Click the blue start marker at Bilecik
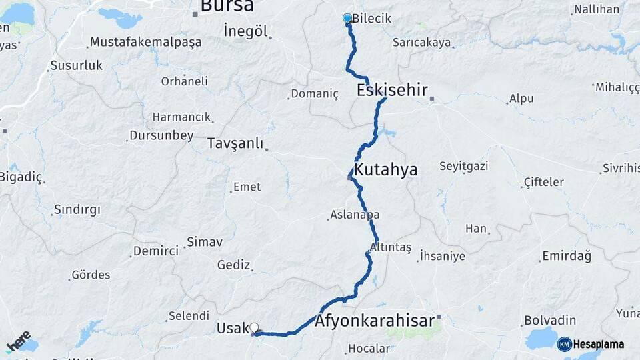tap(347, 19)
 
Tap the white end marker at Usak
tap(253, 327)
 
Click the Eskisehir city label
tap(392, 90)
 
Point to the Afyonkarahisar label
tap(375, 321)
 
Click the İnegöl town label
tap(245, 31)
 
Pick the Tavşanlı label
tap(235, 143)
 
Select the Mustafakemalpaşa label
tap(145, 42)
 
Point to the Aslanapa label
tap(355, 215)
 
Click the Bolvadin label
tap(550, 320)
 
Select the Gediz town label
tap(233, 265)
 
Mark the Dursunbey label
tap(163, 135)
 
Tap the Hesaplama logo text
tap(599, 344)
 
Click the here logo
tap(18, 341)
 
